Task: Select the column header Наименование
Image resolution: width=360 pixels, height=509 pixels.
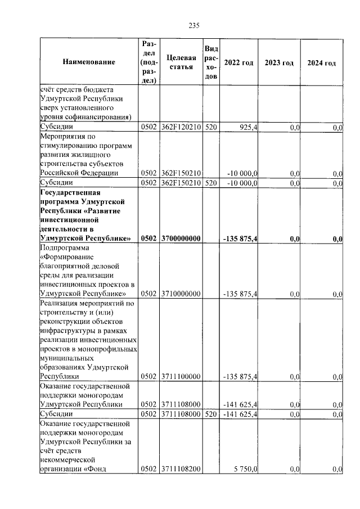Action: coord(89,62)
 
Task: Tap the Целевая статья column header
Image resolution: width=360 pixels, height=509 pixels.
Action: coord(181,62)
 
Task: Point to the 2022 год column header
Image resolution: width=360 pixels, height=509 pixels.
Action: coord(238,62)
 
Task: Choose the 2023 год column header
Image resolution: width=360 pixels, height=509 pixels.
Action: coord(279,62)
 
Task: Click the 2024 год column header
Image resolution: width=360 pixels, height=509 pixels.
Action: coord(321,62)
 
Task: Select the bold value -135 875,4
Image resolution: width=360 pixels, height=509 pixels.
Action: coord(240,239)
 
